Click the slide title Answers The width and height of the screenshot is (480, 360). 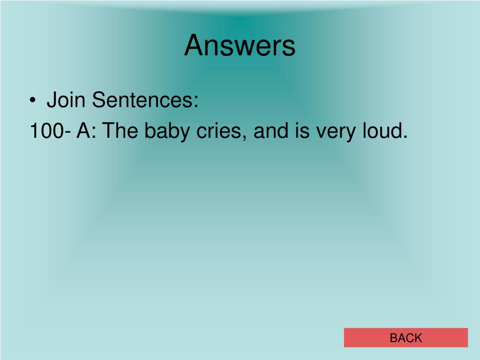click(240, 45)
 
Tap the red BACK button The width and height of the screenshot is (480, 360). click(406, 337)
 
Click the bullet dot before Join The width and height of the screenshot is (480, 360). click(33, 100)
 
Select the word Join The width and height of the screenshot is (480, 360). click(66, 99)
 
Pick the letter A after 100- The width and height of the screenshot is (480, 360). click(83, 131)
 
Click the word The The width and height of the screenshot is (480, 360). click(120, 131)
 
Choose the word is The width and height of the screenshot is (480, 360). click(302, 131)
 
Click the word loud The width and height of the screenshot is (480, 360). click(381, 130)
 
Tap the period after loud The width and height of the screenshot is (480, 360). click(405, 136)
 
